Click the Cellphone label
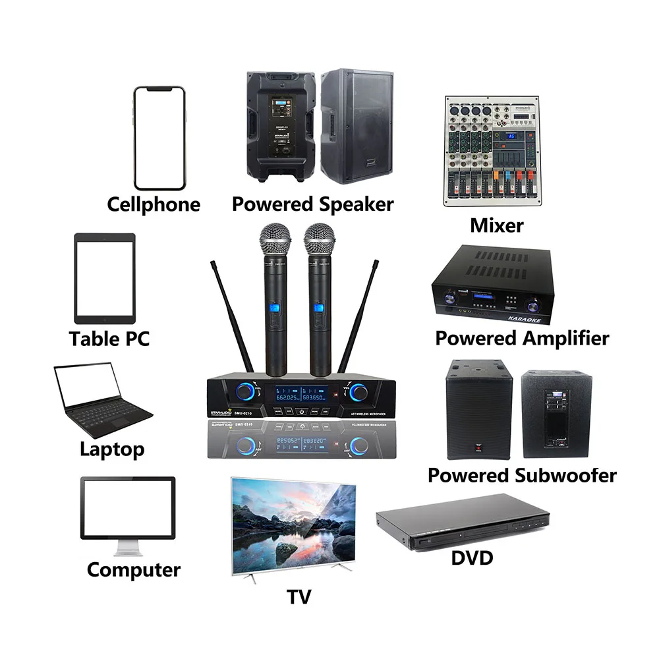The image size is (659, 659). point(154,204)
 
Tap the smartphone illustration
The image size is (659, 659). point(158,138)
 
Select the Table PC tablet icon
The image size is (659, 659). point(104,277)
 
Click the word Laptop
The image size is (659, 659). point(112,449)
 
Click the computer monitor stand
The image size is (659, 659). point(127,547)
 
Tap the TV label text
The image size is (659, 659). point(299,596)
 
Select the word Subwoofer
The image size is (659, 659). point(565,475)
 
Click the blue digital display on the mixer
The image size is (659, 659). point(511,136)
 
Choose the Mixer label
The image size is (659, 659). point(496,225)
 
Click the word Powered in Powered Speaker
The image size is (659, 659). point(273,204)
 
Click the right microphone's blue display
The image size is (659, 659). point(319,309)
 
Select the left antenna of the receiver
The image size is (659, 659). point(233,316)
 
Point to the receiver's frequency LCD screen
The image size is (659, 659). point(301,394)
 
